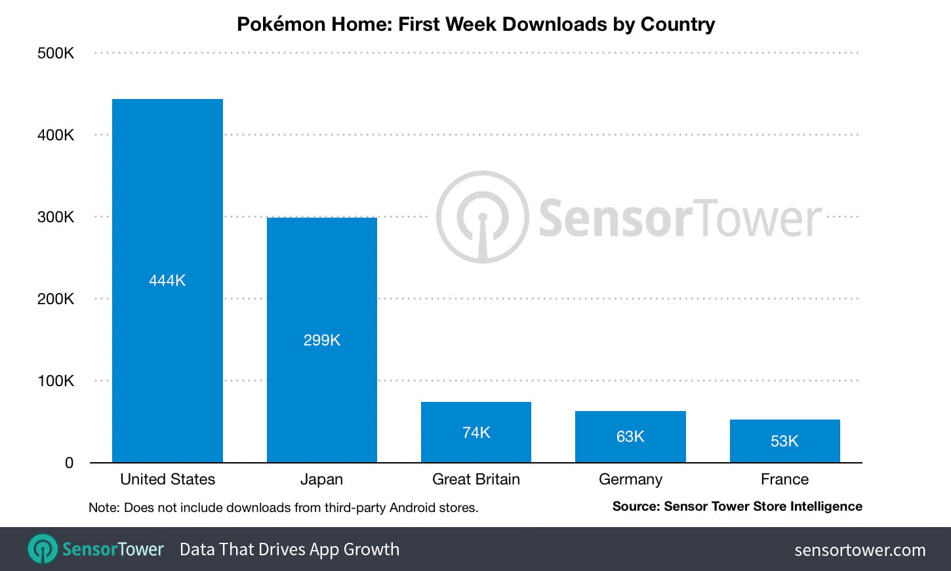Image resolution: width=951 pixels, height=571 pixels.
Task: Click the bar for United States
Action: point(167,197)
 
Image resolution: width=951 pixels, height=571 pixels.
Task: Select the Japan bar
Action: point(321,275)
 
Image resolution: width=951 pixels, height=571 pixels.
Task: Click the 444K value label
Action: point(167,281)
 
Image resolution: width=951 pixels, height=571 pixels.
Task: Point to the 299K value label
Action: point(321,340)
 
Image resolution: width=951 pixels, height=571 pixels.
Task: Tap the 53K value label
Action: point(784,441)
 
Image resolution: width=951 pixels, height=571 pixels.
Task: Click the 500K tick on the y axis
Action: point(56,53)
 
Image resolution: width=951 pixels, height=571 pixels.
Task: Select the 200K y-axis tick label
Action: point(56,299)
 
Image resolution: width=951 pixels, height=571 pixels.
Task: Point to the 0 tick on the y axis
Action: point(69,463)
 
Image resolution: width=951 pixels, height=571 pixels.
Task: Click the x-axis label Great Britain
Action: point(475,479)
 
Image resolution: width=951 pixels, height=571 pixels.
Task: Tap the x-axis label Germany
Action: point(630,479)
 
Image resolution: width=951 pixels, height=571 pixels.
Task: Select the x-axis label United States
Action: point(167,479)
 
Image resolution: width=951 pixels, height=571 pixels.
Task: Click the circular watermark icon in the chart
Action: point(482,217)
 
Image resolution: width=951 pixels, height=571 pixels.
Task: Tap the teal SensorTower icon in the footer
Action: point(43,549)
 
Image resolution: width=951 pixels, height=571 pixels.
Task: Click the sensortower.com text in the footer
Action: point(860,550)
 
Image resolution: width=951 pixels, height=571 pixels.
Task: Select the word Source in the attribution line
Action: point(636,506)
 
